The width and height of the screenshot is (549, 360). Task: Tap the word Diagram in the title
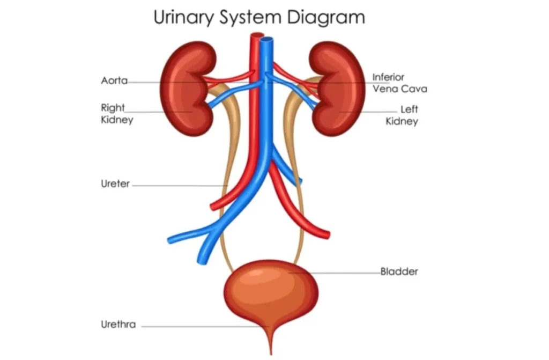pyautogui.click(x=326, y=18)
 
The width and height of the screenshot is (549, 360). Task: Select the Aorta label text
pyautogui.click(x=114, y=80)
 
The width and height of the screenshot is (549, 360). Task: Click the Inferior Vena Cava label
pyautogui.click(x=399, y=83)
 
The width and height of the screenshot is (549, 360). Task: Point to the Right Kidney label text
pyautogui.click(x=117, y=114)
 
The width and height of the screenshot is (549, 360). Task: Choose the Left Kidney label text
pyautogui.click(x=402, y=115)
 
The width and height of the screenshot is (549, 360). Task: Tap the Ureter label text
pyautogui.click(x=115, y=183)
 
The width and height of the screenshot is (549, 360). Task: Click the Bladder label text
pyautogui.click(x=399, y=271)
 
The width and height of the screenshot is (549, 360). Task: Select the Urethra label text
pyautogui.click(x=118, y=324)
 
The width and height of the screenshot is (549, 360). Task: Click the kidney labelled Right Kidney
pyautogui.click(x=186, y=89)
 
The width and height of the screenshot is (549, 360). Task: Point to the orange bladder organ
pyautogui.click(x=271, y=293)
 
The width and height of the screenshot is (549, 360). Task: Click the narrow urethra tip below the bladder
pyautogui.click(x=271, y=352)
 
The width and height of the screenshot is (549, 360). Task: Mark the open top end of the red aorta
pyautogui.click(x=257, y=35)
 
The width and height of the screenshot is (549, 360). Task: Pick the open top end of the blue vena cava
pyautogui.click(x=267, y=40)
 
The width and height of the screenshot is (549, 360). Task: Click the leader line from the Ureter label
pyautogui.click(x=180, y=186)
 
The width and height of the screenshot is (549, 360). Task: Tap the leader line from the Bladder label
pyautogui.click(x=335, y=273)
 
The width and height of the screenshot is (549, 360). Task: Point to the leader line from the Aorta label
pyautogui.click(x=189, y=83)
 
